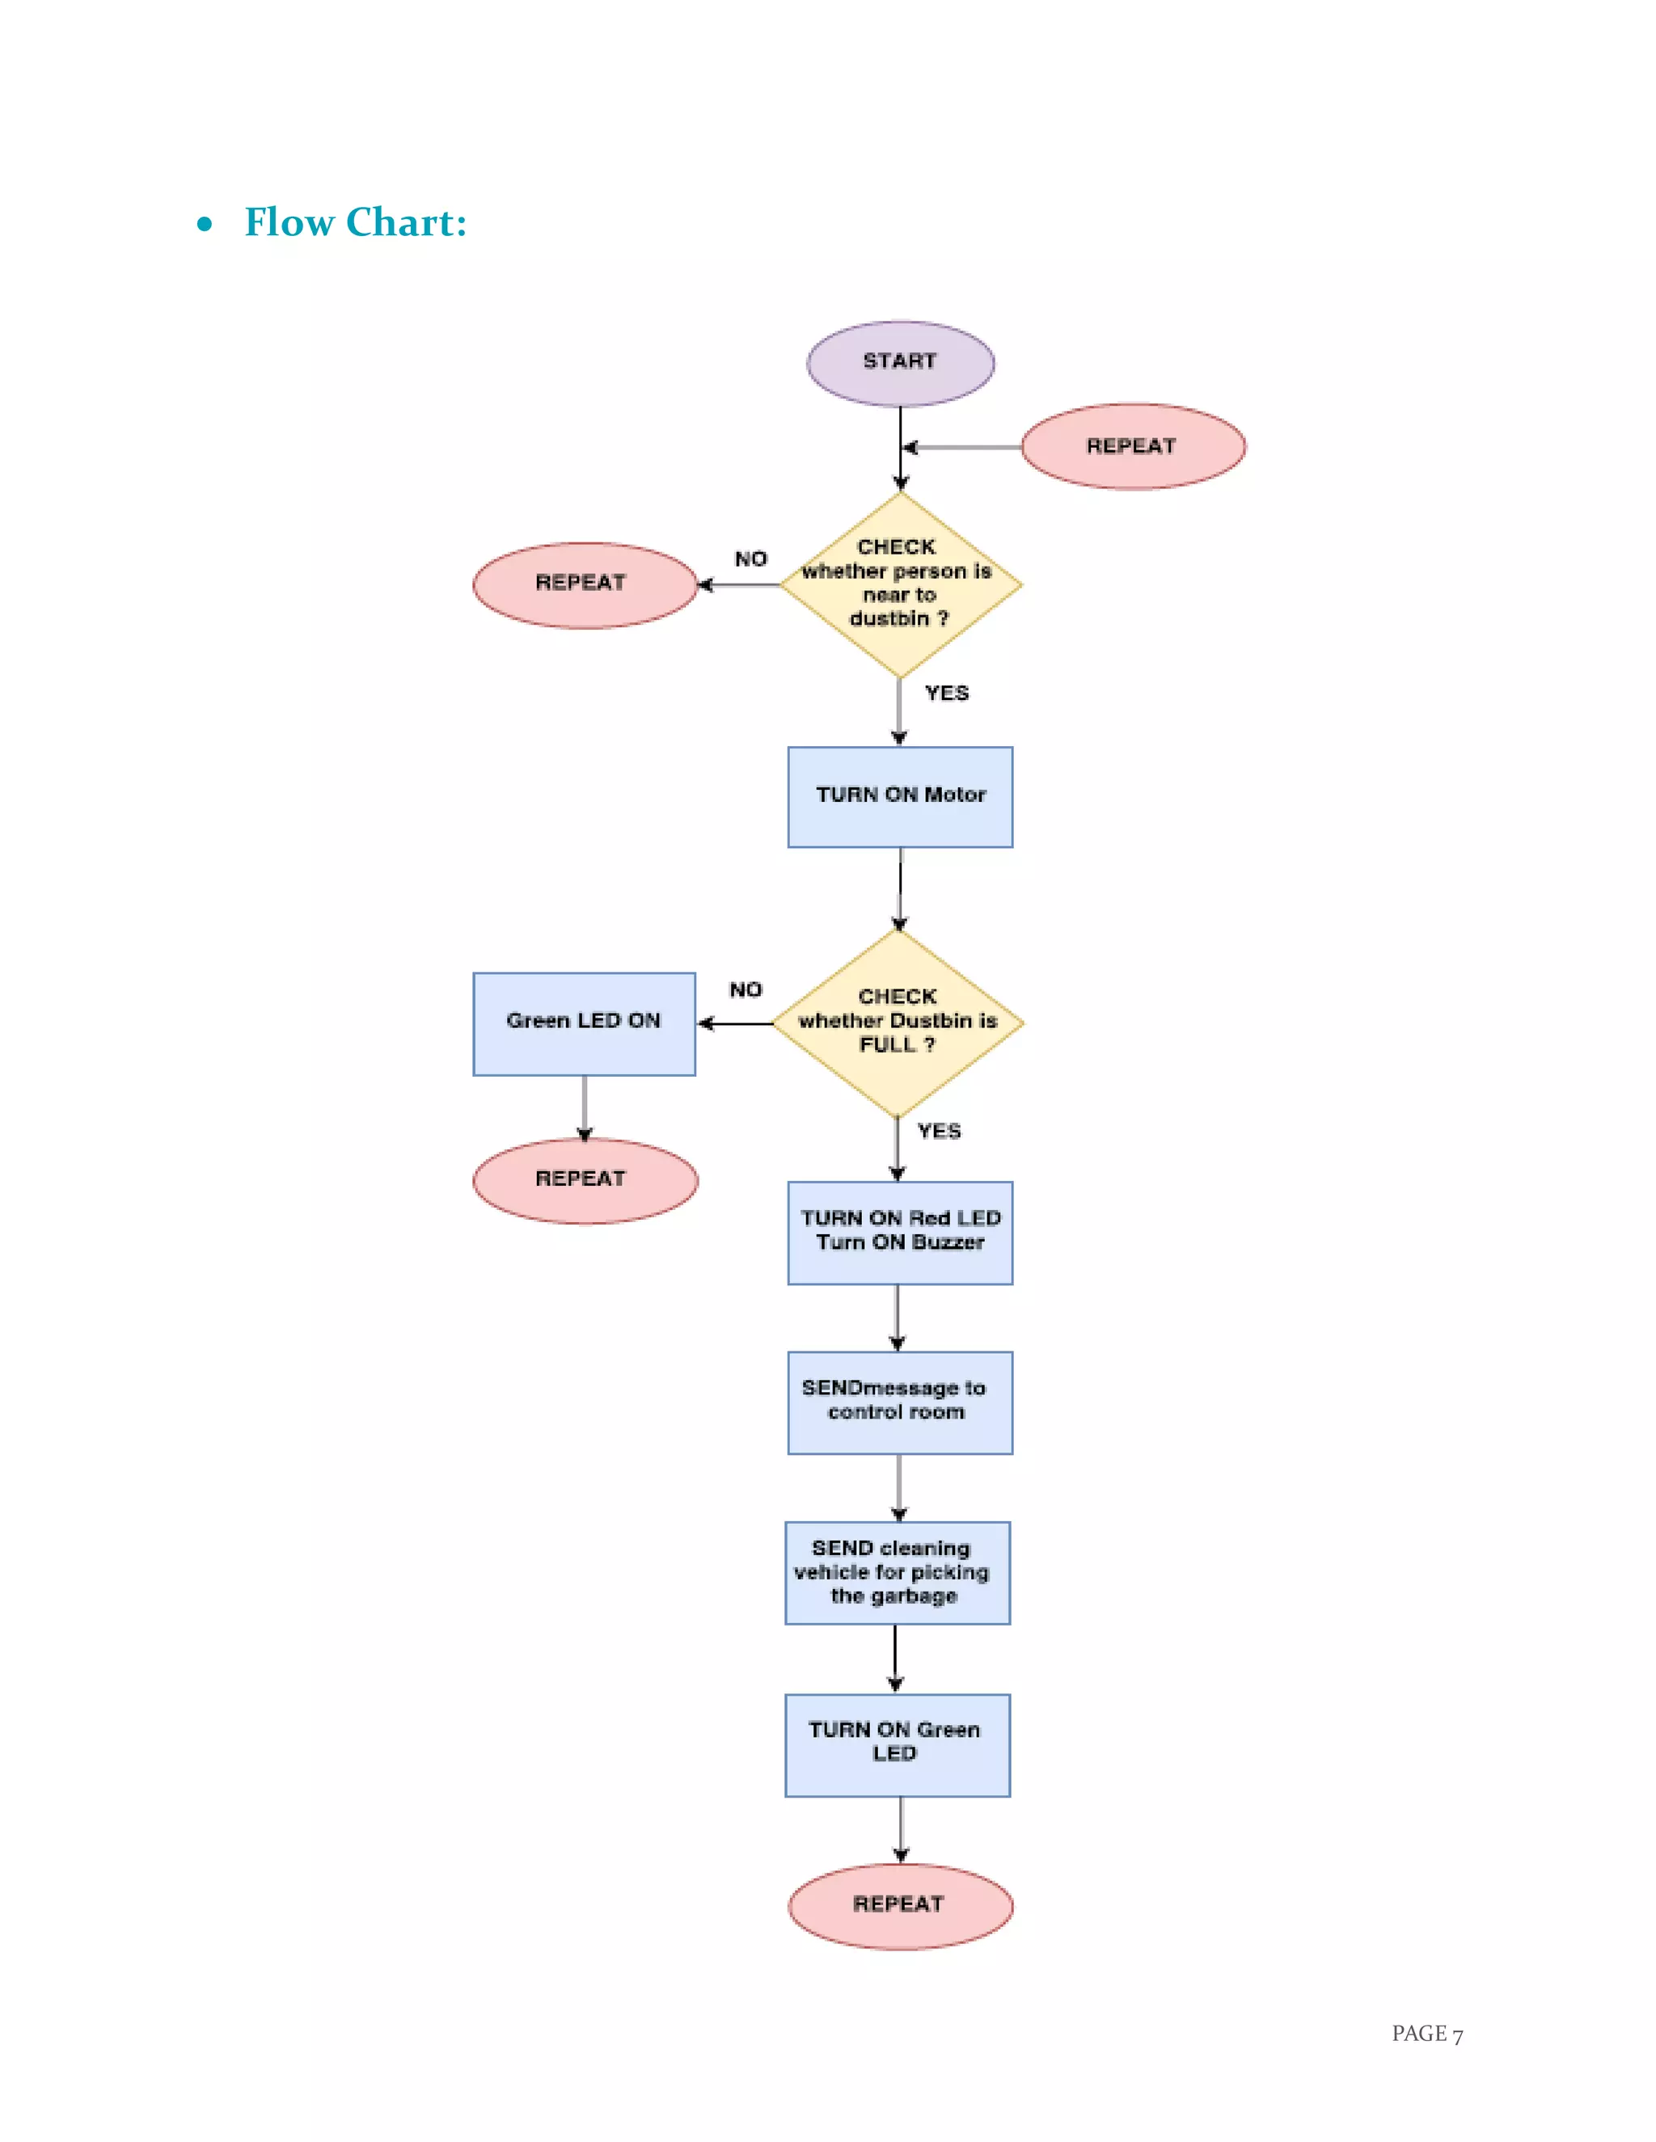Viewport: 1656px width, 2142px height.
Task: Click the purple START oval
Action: (900, 363)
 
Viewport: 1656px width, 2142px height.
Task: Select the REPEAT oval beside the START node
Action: (1132, 446)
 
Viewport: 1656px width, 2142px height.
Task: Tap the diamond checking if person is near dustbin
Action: (900, 584)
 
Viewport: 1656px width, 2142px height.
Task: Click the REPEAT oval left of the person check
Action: (585, 584)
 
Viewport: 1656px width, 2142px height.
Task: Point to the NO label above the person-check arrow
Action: (750, 559)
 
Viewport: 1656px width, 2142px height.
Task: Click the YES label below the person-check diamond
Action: (947, 694)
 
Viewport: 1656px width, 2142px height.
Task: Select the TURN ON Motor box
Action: (900, 796)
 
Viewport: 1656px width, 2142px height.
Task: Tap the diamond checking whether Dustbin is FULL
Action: (898, 1022)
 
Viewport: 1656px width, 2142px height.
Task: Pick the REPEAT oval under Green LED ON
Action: (585, 1180)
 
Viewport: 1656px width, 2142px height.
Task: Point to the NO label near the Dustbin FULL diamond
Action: (746, 989)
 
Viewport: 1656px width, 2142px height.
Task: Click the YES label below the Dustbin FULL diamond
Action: (939, 1131)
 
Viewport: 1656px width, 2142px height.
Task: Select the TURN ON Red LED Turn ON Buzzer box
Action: (900, 1232)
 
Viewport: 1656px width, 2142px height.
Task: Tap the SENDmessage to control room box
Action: (900, 1402)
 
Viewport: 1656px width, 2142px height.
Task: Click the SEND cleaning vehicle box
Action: (897, 1572)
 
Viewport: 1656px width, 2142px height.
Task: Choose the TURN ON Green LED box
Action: (897, 1744)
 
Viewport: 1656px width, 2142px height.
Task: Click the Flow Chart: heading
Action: (355, 222)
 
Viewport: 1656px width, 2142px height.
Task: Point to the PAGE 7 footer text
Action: (1426, 2033)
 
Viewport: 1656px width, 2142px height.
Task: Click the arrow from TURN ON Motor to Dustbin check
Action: (900, 888)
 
